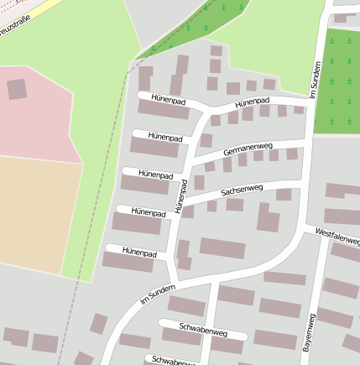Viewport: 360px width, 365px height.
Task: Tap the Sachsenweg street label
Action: [x=242, y=191]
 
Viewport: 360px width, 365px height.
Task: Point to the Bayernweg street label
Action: [x=308, y=332]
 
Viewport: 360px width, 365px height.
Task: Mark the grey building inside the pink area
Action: [x=17, y=89]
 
